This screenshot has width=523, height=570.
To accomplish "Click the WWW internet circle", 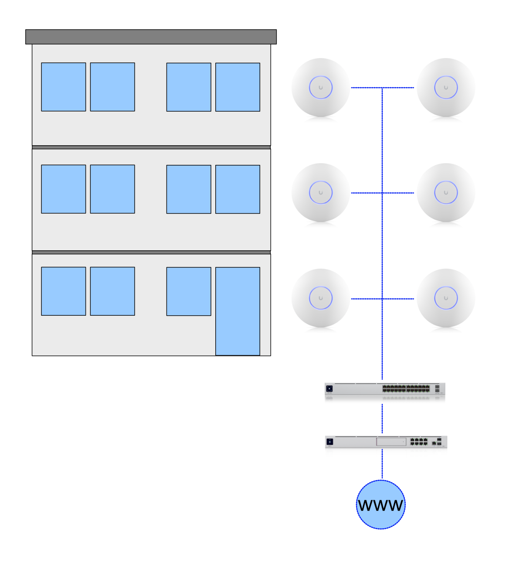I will point(380,505).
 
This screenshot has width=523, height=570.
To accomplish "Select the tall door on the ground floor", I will point(238,311).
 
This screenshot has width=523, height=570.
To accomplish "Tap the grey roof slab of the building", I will point(151,37).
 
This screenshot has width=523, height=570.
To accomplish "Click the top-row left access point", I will point(321,88).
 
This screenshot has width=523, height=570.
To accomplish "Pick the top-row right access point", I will point(446,88).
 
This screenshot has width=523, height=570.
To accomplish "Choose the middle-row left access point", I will point(321,193).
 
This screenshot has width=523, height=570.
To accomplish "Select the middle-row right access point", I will point(446,193).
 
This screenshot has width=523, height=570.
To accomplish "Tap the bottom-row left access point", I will point(321,298).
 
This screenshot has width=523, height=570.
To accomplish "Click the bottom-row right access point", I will point(446,298).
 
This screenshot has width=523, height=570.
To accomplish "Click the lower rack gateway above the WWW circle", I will point(386,442).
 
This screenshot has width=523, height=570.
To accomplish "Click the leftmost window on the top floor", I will point(64,87).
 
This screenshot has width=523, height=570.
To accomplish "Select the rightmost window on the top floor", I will point(238,87).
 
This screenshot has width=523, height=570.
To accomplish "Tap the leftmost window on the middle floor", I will point(64,189).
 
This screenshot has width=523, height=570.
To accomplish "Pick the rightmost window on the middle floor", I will point(238,189).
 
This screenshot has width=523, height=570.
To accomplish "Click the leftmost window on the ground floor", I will point(64,291).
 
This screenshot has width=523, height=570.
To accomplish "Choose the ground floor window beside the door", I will point(189,291).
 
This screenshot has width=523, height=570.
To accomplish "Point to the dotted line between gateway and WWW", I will point(382,464).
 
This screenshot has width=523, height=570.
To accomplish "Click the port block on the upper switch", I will point(406,389).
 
